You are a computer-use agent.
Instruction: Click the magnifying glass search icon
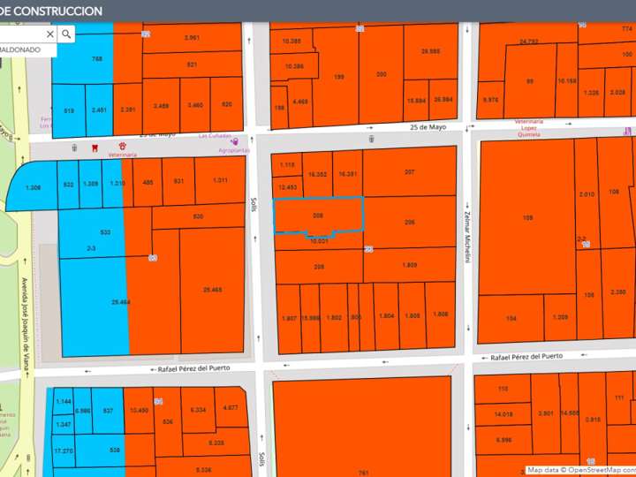click(x=67, y=34)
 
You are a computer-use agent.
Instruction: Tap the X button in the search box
click(x=50, y=34)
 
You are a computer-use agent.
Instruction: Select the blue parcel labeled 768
click(x=97, y=58)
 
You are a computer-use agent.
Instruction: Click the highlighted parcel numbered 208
click(x=317, y=215)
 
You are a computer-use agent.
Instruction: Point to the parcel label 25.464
click(x=122, y=302)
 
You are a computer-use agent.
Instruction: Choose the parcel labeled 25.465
click(x=212, y=290)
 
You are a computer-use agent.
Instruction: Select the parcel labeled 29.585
click(x=431, y=52)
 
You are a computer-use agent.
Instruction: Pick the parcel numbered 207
click(x=409, y=171)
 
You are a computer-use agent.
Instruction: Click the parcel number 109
click(x=528, y=216)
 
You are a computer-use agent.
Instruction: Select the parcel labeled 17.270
click(x=63, y=450)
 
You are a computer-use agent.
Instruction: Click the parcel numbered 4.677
click(x=231, y=407)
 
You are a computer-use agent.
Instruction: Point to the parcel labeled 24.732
click(x=529, y=42)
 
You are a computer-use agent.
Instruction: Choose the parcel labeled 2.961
click(x=193, y=38)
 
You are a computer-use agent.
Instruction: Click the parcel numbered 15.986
click(x=309, y=317)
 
